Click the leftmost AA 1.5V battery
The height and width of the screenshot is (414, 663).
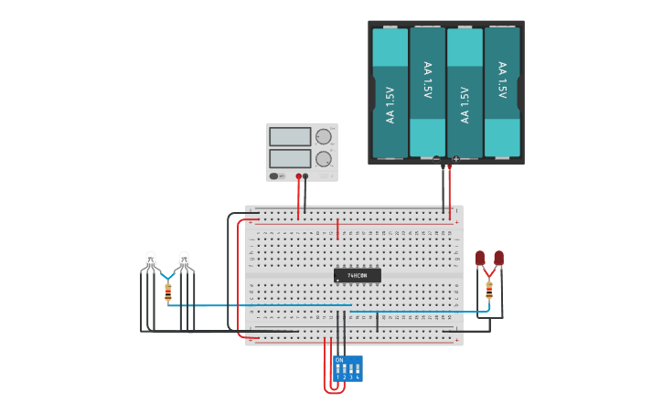tap(390, 92)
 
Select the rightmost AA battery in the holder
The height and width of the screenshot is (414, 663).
tap(502, 92)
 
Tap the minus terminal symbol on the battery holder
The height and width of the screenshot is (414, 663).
tap(437, 159)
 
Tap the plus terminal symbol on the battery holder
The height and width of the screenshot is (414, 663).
tap(455, 159)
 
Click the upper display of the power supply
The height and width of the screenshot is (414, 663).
tap(290, 137)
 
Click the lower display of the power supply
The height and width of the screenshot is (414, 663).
tap(290, 158)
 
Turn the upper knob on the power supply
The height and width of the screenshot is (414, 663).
tap(323, 137)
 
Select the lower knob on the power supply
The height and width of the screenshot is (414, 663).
tap(323, 158)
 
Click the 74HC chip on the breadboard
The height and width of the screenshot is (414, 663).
tap(358, 275)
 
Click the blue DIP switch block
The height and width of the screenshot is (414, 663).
tap(348, 369)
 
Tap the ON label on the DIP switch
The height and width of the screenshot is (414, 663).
tap(339, 360)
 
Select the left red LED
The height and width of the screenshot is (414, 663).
tap(480, 259)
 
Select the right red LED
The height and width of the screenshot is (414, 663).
tap(498, 259)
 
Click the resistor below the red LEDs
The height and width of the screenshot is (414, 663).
tap(489, 291)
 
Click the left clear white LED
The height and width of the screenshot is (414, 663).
tap(151, 260)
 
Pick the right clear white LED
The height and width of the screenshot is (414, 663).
tap(184, 260)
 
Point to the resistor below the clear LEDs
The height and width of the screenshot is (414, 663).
tap(168, 292)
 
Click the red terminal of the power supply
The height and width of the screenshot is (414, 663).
tap(298, 176)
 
